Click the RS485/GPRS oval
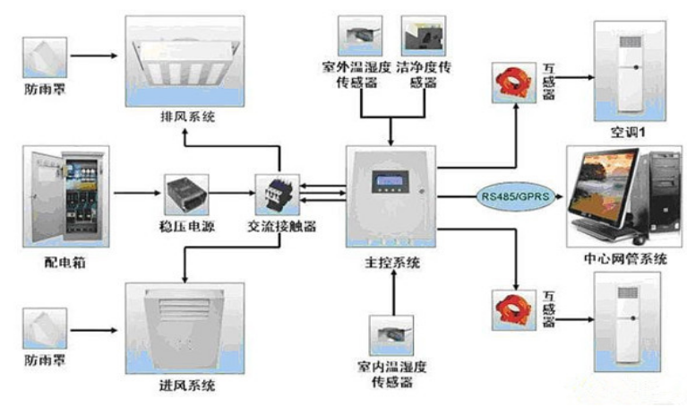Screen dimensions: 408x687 pos(510,194)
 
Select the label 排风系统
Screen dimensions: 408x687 pos(185,117)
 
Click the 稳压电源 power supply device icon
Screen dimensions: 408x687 pos(186,190)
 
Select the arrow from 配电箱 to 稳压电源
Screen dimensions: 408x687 pos(134,191)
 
